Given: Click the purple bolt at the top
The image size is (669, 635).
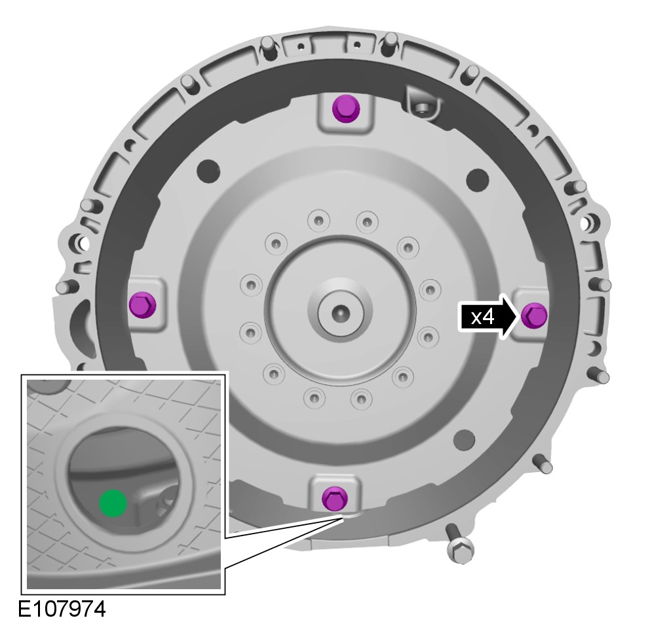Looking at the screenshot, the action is (x=345, y=109).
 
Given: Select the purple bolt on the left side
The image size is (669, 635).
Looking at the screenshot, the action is (x=142, y=304).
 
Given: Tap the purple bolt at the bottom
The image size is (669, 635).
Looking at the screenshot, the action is (x=335, y=498).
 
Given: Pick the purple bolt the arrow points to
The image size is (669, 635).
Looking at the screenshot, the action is (x=534, y=316).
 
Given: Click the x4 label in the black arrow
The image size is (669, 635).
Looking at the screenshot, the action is (x=482, y=317).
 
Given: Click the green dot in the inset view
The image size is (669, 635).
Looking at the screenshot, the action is (x=113, y=503).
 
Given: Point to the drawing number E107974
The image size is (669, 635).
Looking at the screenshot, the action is (x=62, y=609).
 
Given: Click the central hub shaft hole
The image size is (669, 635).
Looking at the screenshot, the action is (x=340, y=314).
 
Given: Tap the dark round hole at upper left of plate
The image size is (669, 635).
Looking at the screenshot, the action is (x=208, y=170).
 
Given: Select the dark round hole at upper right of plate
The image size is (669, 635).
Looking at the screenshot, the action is (x=478, y=179).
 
